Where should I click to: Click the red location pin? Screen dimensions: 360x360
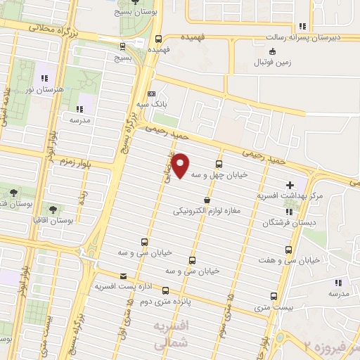coord(181,165)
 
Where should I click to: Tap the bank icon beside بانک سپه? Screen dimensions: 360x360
coord(152,94)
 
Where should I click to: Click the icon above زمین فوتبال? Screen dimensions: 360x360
coord(273,50)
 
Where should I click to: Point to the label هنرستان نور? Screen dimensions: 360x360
coord(39,90)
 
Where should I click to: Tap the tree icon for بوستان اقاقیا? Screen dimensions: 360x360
coord(53,209)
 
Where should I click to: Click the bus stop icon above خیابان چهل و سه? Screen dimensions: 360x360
coord(219,165)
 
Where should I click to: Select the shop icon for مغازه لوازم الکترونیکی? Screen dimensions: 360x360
coord(206,200)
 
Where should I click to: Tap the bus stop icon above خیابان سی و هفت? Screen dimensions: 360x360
coord(290,250)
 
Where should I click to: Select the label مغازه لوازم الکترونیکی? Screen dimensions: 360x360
coord(209,211)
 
